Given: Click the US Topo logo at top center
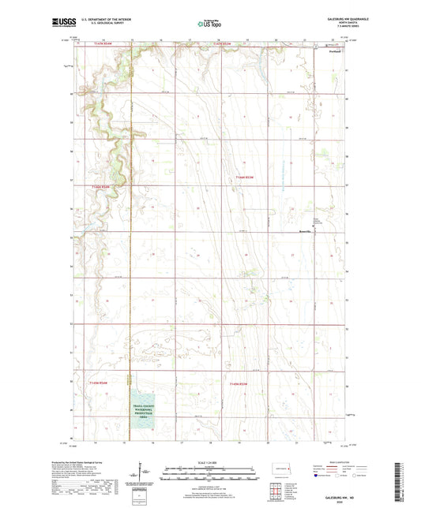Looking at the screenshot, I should [x=209, y=24].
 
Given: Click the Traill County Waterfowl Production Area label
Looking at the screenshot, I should [x=141, y=410].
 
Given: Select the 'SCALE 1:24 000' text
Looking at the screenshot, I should [x=209, y=462].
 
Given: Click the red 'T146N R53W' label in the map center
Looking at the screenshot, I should [x=245, y=178].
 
